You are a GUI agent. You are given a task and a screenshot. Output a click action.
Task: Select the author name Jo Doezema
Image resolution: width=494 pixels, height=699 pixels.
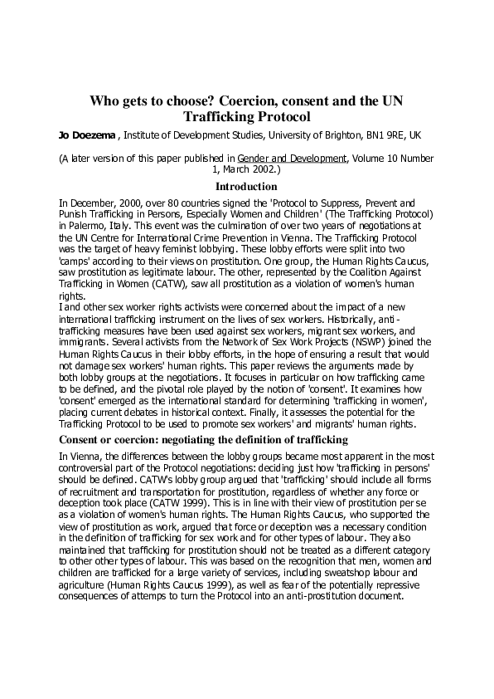point(62,134)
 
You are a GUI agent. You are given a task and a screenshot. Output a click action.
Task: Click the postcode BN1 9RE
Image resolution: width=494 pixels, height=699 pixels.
point(380,134)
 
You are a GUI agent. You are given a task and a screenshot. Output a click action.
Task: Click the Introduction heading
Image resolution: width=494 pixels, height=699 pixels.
point(246,187)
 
